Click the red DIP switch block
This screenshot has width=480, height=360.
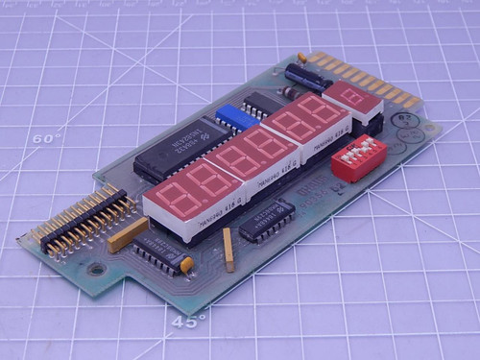(358, 157)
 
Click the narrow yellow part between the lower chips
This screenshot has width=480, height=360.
(228, 250)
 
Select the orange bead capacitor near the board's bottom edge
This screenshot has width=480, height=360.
(188, 263)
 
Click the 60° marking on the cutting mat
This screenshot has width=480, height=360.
(44, 138)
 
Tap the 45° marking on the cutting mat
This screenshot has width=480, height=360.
(188, 322)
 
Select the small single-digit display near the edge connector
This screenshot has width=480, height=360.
(352, 99)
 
